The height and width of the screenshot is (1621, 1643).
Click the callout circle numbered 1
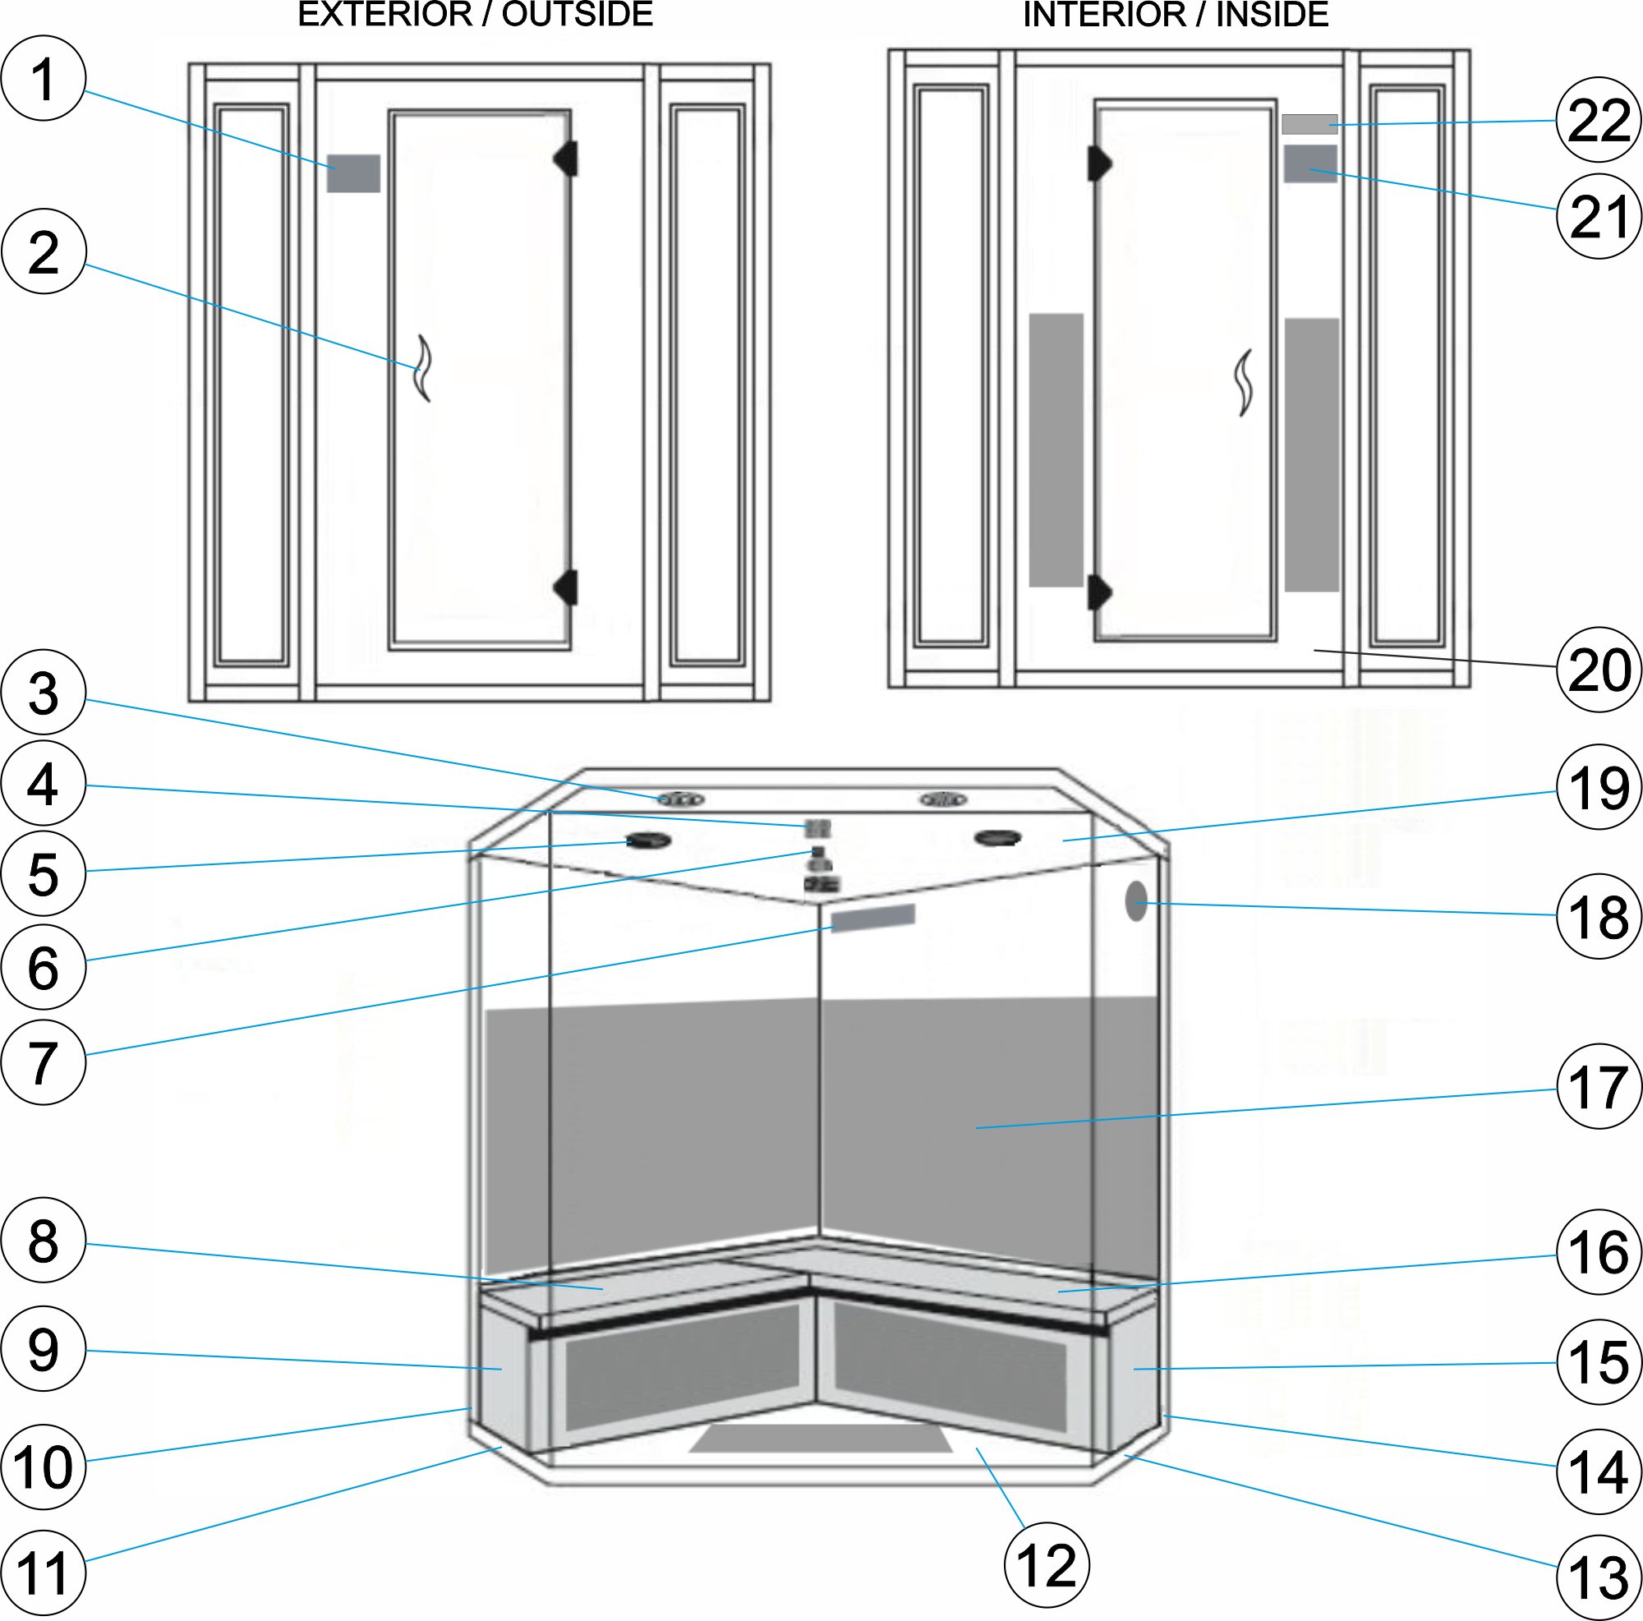click(x=44, y=78)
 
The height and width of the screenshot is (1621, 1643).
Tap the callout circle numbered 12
click(x=1047, y=1566)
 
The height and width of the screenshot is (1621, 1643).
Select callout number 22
click(x=1599, y=121)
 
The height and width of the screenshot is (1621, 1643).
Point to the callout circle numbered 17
click(x=1599, y=1087)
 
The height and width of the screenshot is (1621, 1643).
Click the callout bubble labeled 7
click(x=44, y=1063)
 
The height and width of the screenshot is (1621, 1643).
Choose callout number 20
click(x=1599, y=670)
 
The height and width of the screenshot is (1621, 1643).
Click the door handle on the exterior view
click(x=422, y=367)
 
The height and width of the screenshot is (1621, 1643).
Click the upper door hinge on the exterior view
click(x=566, y=159)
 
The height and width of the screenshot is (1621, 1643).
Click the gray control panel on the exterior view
click(x=353, y=173)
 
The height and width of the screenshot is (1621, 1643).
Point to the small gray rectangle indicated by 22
click(x=1309, y=124)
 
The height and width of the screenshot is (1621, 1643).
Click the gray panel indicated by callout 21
click(x=1310, y=163)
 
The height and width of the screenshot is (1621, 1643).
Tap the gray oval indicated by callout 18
click(x=1136, y=901)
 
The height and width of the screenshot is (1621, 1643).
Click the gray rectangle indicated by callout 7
click(x=872, y=919)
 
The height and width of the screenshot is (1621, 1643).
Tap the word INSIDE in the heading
click(x=1273, y=16)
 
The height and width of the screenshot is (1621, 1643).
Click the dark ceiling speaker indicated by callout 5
click(x=649, y=841)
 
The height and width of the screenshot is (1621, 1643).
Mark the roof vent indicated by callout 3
click(x=680, y=799)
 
